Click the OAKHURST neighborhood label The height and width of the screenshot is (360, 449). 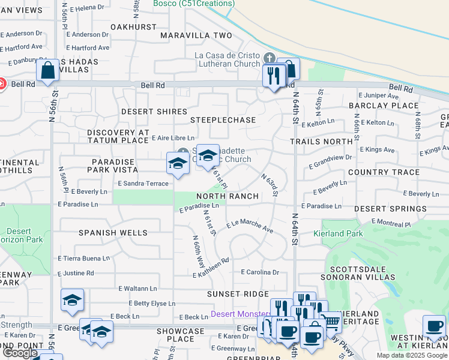point(134,27)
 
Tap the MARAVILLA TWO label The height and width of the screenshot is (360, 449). point(196,35)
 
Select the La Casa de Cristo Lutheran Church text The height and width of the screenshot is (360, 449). point(226,60)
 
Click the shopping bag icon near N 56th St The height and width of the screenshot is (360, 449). point(47,70)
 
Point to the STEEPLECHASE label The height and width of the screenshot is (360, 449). point(223,120)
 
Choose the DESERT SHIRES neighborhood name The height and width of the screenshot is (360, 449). point(146,112)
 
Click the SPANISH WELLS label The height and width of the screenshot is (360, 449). point(113,232)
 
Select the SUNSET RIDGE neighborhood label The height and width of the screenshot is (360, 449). point(238,293)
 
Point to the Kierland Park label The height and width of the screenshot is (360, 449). point(337,233)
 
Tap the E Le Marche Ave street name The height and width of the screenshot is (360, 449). point(250,227)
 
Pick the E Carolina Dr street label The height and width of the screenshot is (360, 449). point(260,272)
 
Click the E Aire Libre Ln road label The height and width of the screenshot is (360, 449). point(173,137)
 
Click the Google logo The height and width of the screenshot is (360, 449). point(20,353)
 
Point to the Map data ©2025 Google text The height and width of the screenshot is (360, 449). point(412,355)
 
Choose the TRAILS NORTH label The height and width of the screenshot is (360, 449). point(321,141)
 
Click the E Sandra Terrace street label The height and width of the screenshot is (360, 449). point(143,182)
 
